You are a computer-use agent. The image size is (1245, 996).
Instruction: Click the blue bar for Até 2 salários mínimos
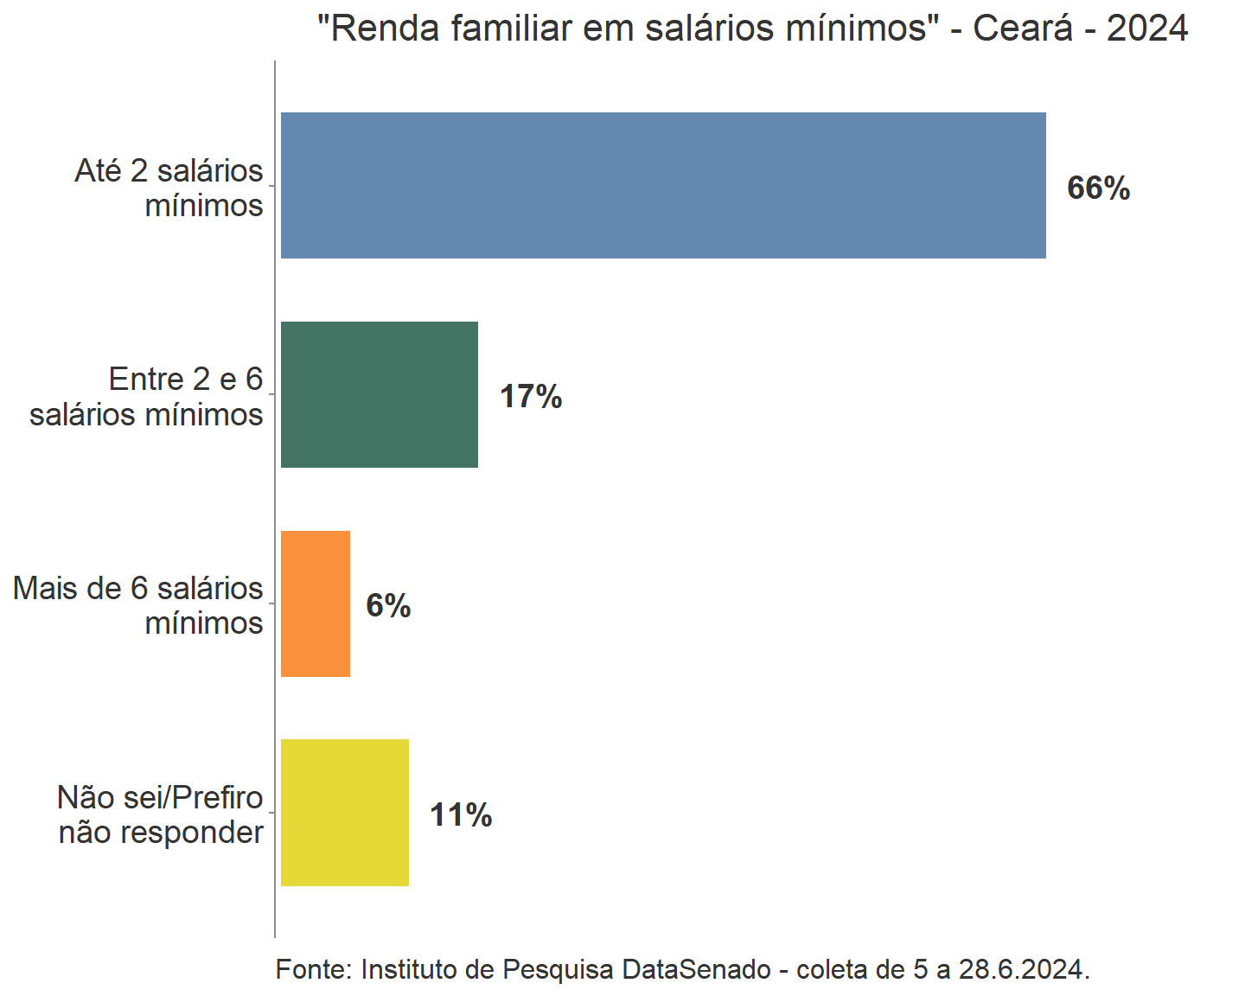[663, 185]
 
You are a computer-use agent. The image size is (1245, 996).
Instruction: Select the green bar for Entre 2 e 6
[380, 394]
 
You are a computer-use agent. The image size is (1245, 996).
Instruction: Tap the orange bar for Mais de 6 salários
[316, 603]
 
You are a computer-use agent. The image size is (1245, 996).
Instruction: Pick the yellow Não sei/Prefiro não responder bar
[345, 813]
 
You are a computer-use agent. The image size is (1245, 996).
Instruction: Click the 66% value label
[1098, 188]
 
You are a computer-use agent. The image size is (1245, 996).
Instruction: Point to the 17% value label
[531, 397]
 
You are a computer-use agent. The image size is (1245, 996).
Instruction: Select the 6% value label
[388, 605]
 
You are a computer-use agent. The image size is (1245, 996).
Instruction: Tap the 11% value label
[461, 814]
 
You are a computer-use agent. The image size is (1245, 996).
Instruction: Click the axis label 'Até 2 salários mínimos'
[169, 188]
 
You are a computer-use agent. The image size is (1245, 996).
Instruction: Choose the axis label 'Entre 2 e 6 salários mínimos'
[147, 397]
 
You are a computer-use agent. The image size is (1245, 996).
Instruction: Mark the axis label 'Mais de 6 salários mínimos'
[138, 605]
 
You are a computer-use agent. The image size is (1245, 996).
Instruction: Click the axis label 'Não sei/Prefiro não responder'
[161, 814]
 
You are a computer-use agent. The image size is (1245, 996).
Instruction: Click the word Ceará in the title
[1023, 29]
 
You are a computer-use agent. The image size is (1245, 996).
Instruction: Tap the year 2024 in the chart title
[1147, 29]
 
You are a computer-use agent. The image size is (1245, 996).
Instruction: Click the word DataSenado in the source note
[696, 969]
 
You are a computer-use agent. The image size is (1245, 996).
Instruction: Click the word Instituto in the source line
[408, 969]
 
